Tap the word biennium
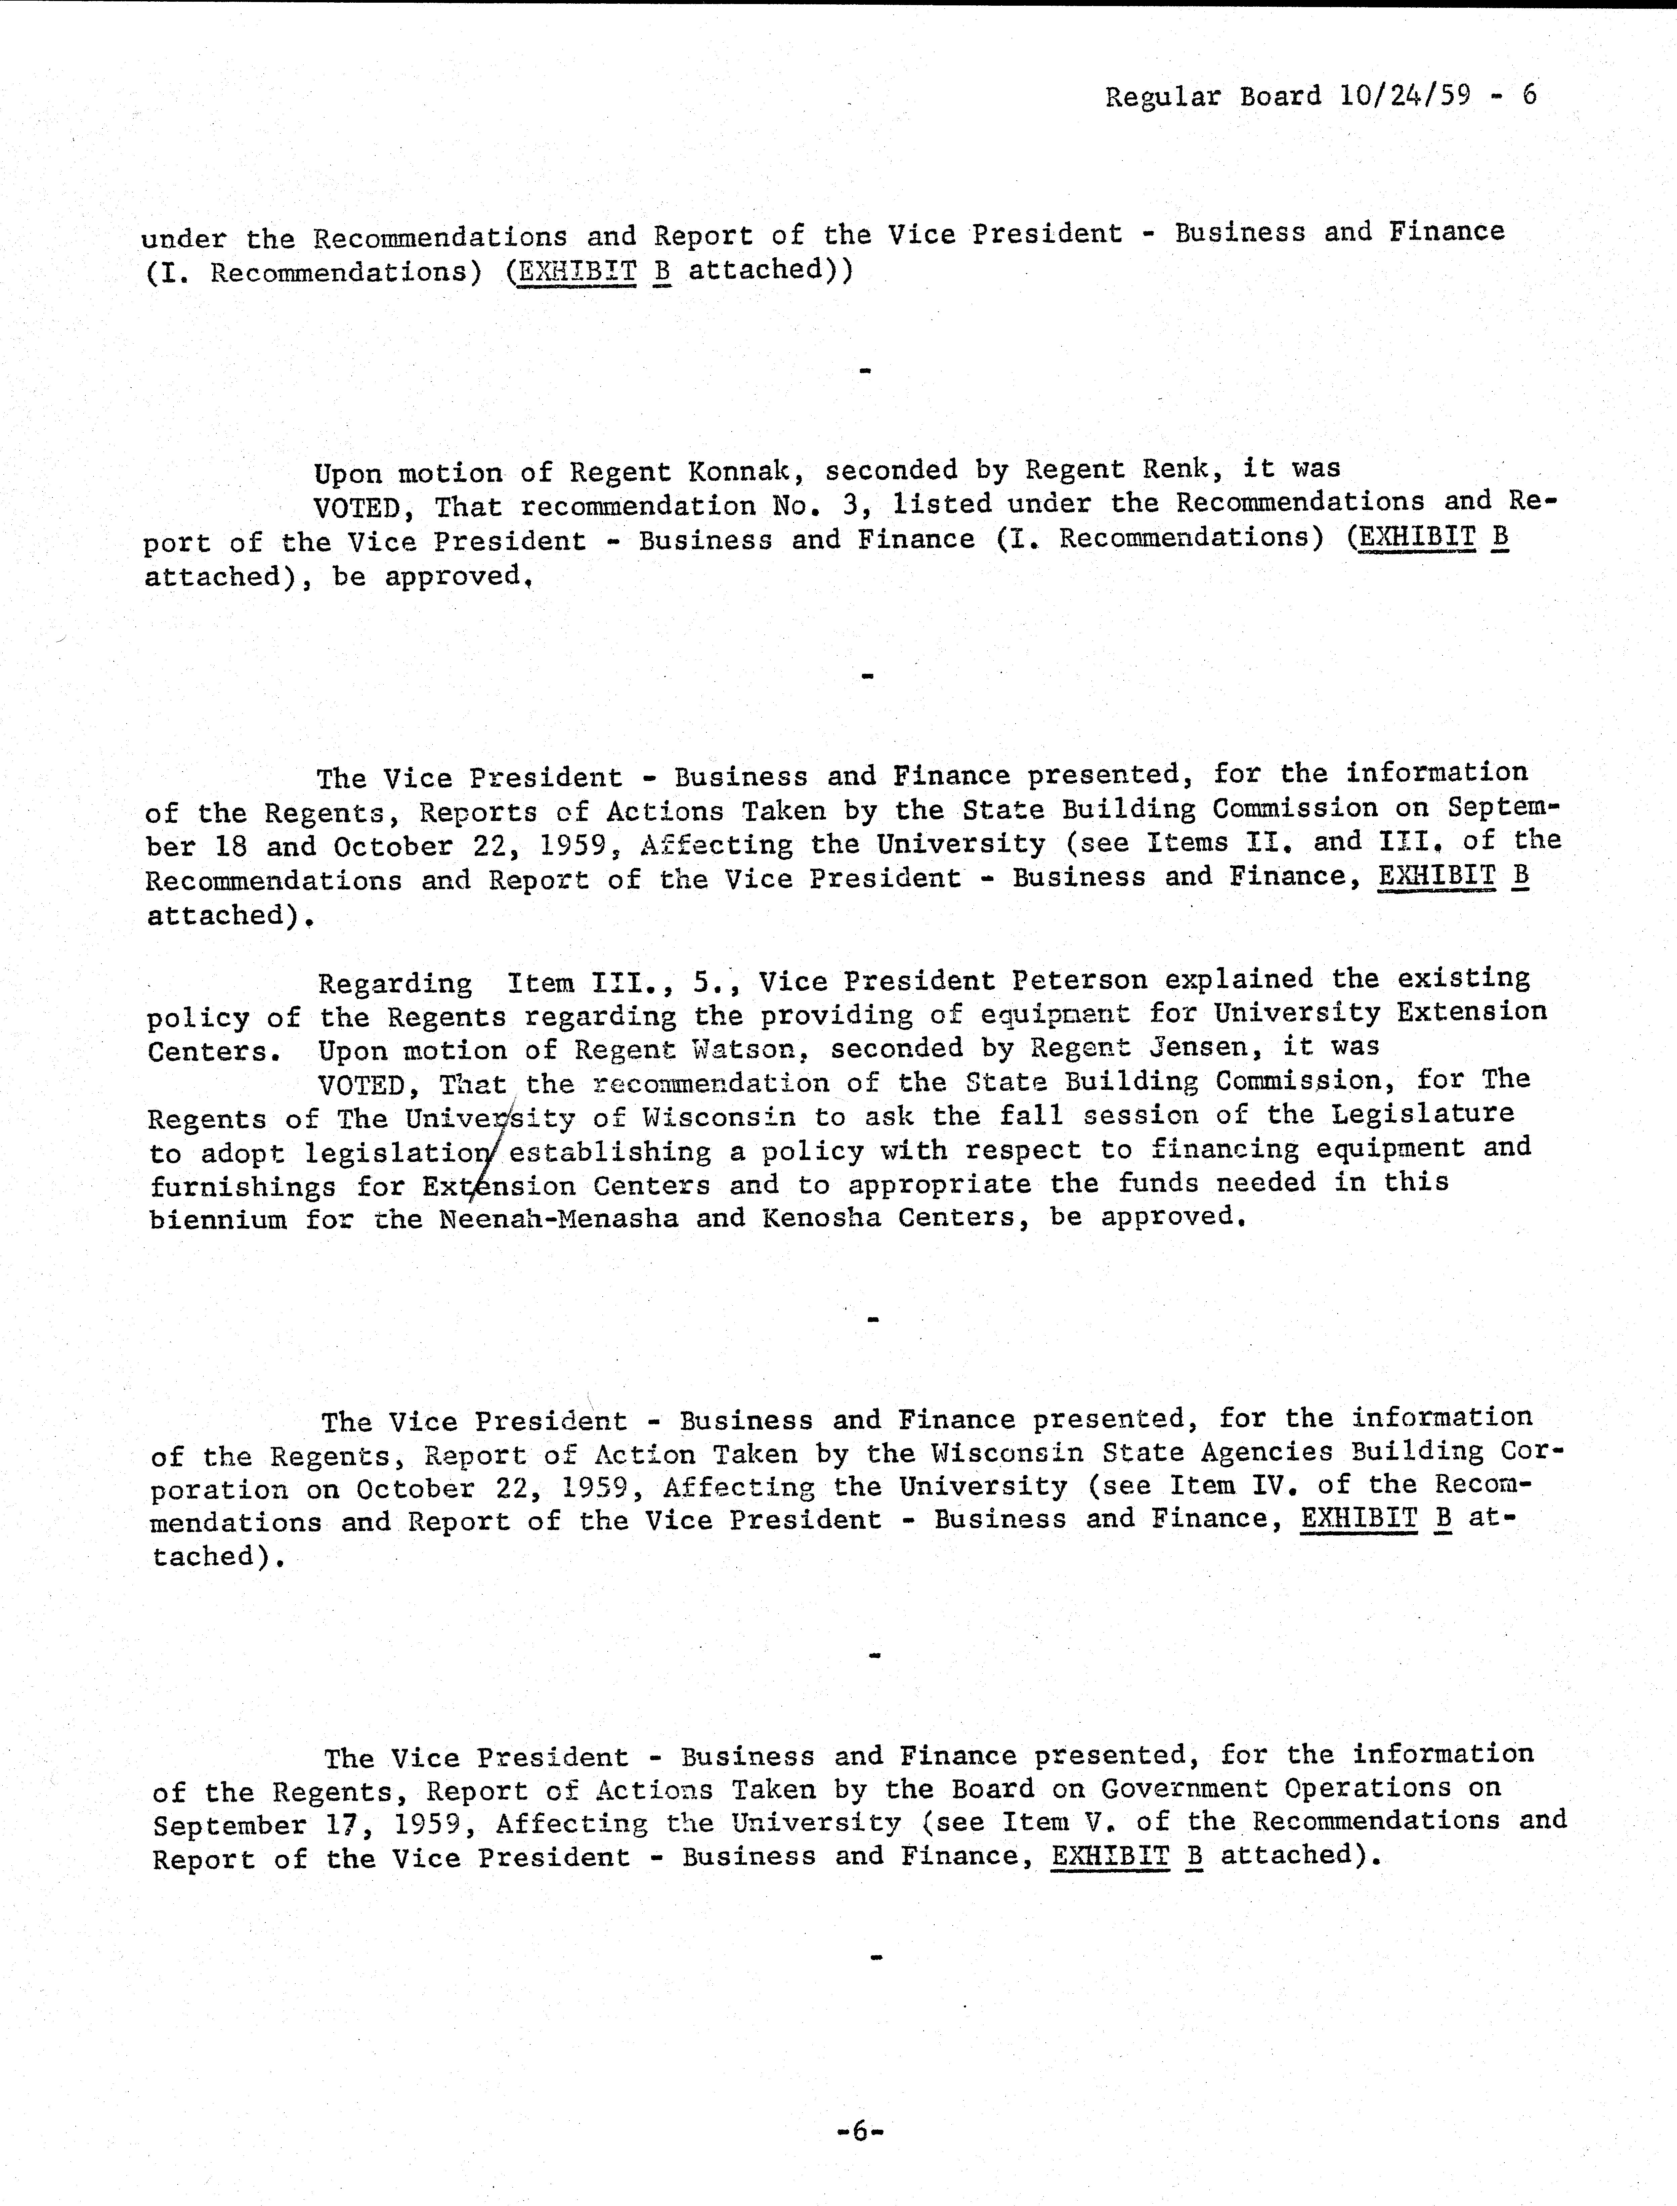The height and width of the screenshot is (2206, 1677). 218,1220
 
